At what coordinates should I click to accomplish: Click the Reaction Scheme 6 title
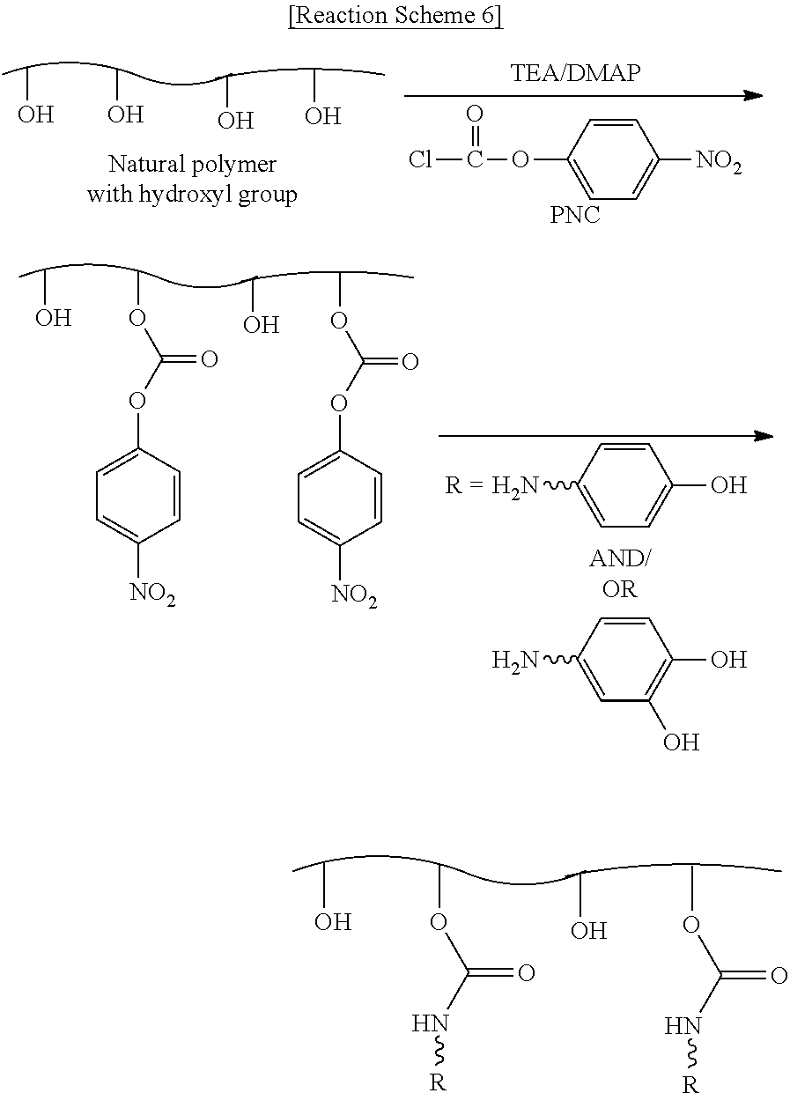click(395, 17)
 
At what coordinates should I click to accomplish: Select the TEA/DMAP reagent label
click(575, 74)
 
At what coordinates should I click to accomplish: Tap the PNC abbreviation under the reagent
click(574, 215)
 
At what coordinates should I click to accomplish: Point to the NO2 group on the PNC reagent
click(719, 162)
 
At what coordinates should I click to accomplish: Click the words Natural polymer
click(192, 165)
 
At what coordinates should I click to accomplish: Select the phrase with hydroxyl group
click(192, 194)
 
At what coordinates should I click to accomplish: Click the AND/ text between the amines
click(620, 559)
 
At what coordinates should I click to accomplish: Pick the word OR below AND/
click(619, 588)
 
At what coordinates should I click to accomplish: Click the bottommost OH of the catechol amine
click(681, 742)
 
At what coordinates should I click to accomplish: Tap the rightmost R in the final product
click(690, 1085)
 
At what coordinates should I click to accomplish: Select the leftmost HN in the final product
click(430, 1023)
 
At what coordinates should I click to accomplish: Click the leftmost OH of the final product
click(333, 922)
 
